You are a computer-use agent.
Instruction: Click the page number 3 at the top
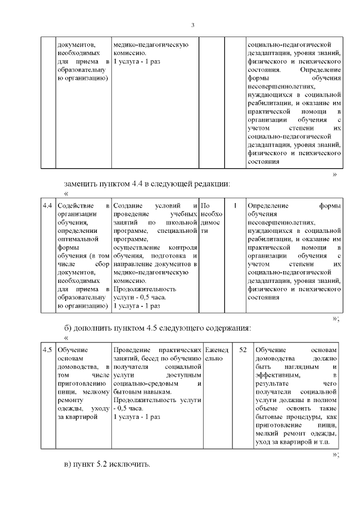[193, 25]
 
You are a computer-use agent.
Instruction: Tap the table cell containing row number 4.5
[48, 350]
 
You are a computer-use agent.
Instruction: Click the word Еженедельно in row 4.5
[215, 354]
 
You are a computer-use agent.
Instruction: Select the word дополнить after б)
[96, 328]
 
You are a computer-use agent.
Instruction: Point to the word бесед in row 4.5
[146, 358]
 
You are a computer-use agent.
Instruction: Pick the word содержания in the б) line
[226, 328]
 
